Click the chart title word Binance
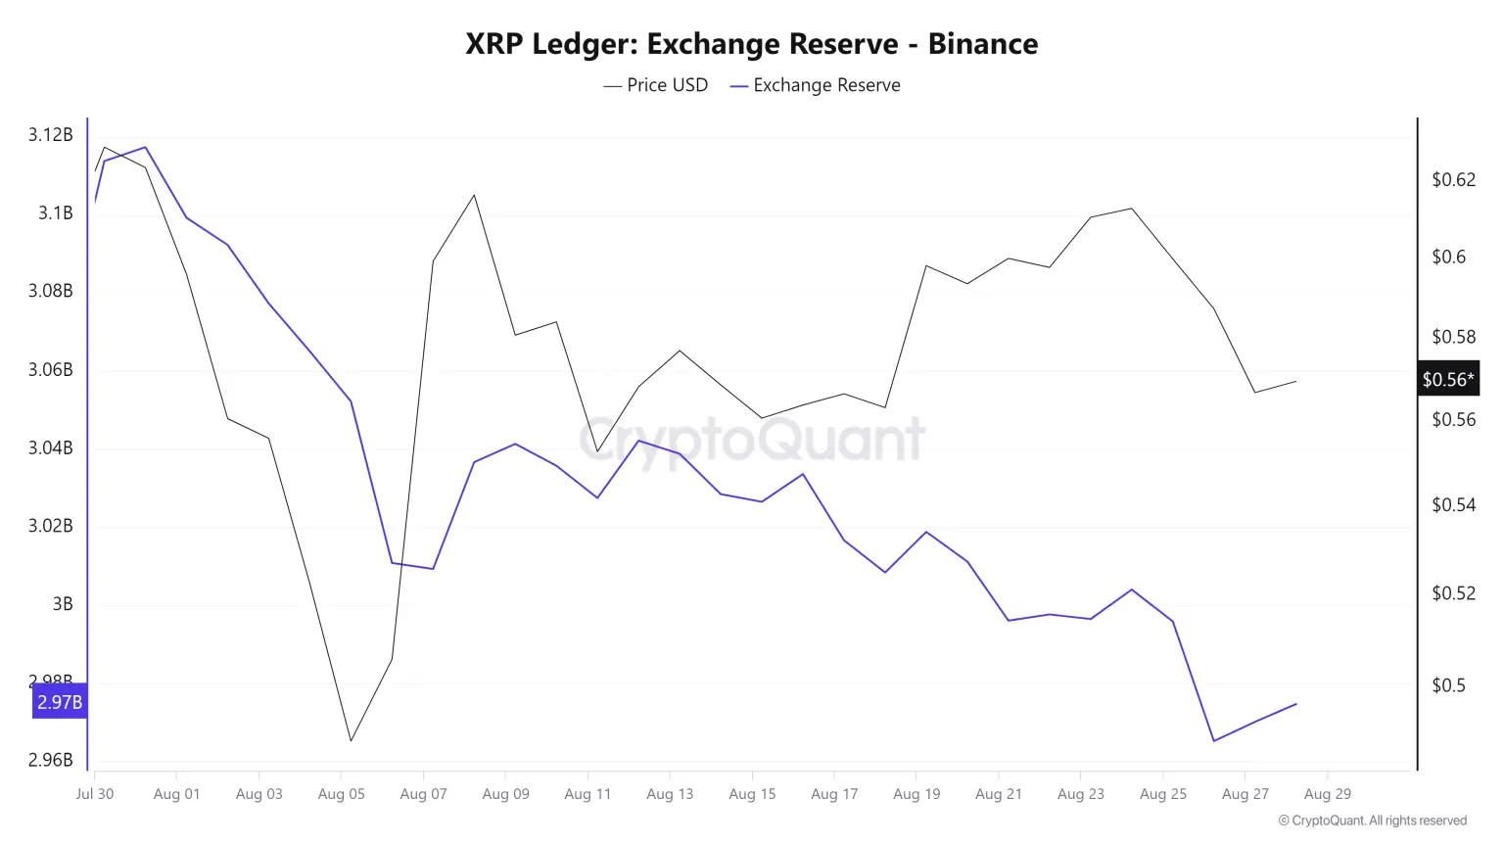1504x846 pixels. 982,44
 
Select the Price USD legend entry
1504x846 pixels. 655,85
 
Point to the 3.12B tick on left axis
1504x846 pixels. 50,135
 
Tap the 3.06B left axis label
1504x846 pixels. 50,369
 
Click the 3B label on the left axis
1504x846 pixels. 62,604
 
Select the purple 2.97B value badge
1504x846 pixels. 60,702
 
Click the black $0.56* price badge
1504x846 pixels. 1447,379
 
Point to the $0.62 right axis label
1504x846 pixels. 1453,179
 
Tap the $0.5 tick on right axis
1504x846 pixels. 1448,685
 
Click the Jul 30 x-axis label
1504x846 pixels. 95,794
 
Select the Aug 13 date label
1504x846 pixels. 670,794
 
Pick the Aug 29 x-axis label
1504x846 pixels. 1327,794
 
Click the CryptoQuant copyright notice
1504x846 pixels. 1372,821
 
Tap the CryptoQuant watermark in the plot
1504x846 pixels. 752,439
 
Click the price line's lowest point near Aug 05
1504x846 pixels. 351,740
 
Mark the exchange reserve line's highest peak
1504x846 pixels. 146,147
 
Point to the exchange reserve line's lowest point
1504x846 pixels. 1214,740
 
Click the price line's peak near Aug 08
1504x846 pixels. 475,195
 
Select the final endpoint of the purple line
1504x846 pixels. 1296,704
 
